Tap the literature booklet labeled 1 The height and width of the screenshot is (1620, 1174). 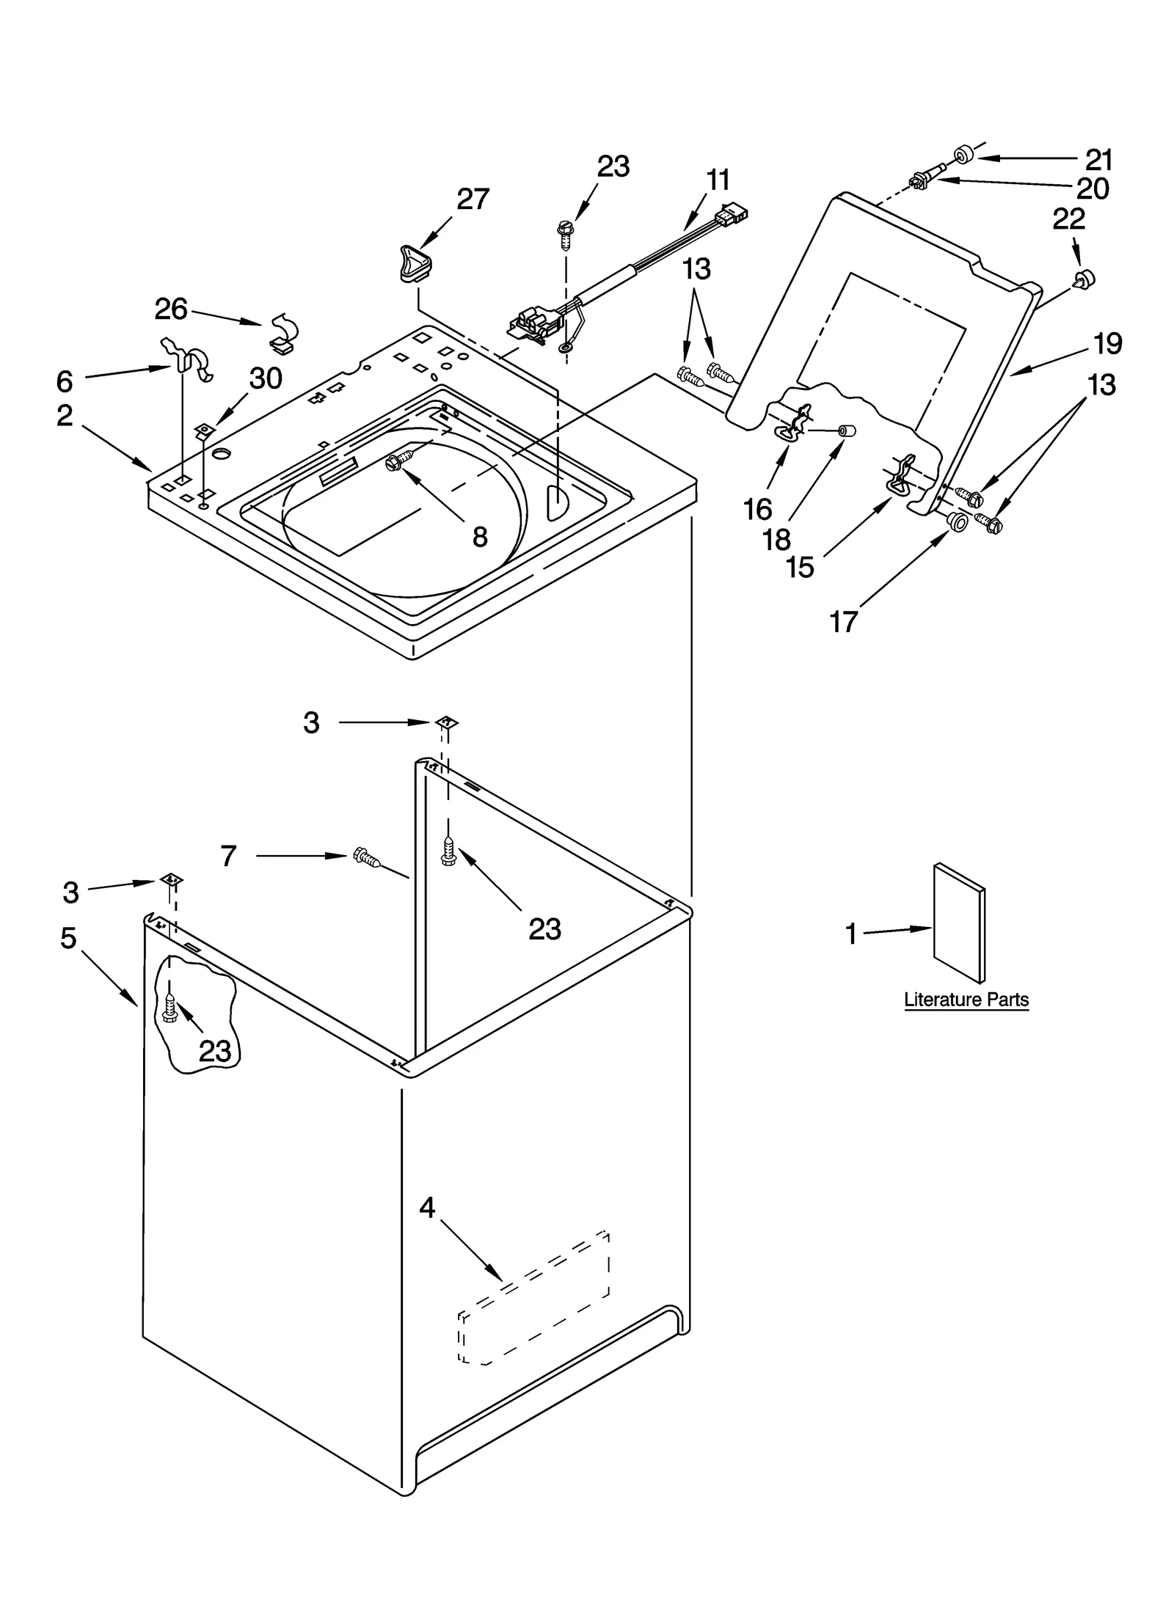coord(958,922)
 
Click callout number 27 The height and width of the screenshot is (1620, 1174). coord(473,199)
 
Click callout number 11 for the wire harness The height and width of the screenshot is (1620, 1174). coord(718,180)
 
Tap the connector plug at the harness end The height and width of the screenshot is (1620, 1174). coord(734,214)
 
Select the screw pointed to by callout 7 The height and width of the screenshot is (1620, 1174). coord(365,857)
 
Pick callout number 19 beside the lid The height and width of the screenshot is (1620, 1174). coord(1108,343)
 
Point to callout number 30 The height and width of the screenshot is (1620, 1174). coord(265,378)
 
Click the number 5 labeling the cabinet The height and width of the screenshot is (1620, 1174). coord(68,937)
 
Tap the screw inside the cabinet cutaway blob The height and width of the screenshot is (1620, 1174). coord(169,1008)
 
